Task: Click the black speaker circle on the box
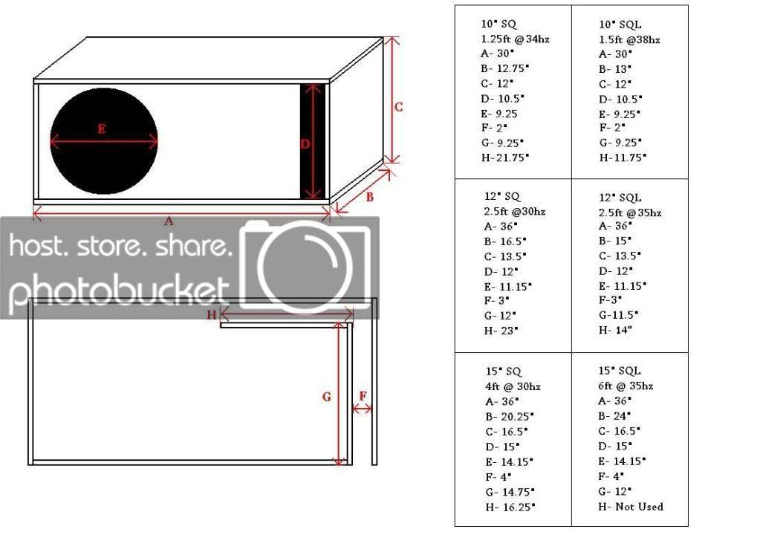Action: point(104,141)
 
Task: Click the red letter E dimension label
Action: point(101,129)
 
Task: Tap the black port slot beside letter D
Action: point(313,141)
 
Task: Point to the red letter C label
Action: point(398,107)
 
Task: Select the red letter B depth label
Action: point(369,197)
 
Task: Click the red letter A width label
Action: point(168,221)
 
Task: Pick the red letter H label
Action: point(212,315)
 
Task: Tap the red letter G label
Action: point(327,397)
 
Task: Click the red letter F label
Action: point(363,396)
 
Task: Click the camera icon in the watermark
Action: point(306,266)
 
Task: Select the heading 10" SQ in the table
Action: point(498,24)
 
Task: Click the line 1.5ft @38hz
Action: point(629,39)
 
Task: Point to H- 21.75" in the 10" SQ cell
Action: point(505,158)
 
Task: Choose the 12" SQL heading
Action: point(620,198)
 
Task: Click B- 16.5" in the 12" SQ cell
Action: point(505,241)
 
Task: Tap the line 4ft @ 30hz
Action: point(513,386)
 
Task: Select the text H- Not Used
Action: point(631,507)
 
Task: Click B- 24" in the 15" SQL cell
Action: point(614,416)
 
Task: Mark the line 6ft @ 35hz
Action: point(626,386)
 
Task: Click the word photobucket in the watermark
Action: point(119,290)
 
